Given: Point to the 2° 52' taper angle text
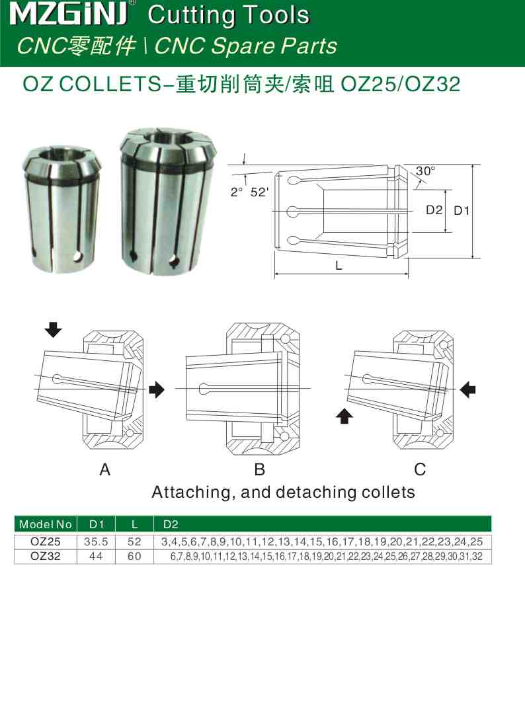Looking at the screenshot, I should coord(250,192).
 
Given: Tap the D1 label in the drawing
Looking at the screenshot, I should coord(461,210).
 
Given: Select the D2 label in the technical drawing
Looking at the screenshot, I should coord(434,210).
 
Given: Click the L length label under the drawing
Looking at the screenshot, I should coord(339,266).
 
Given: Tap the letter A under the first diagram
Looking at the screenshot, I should coord(104,470).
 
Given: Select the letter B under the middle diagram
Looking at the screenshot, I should coord(260,470).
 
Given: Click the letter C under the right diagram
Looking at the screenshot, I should coord(420,470).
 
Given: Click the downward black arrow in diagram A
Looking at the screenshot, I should coord(54,329).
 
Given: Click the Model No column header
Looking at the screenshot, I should coord(46,524).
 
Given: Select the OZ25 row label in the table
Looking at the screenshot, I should coord(46,541).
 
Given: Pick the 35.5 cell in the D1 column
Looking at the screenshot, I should coord(97,541).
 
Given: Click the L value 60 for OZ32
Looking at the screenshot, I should coord(134,556).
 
